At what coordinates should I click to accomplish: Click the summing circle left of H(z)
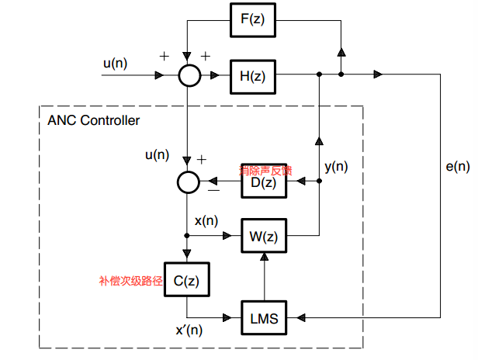pos(189,75)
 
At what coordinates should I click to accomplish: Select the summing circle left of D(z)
pos(189,182)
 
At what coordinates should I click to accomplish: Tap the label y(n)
pos(335,165)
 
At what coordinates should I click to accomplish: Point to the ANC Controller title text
pos(94,121)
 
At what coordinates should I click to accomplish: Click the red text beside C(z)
pos(130,281)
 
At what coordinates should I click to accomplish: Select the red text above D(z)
pos(265,168)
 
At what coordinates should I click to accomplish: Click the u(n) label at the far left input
pos(114,62)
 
